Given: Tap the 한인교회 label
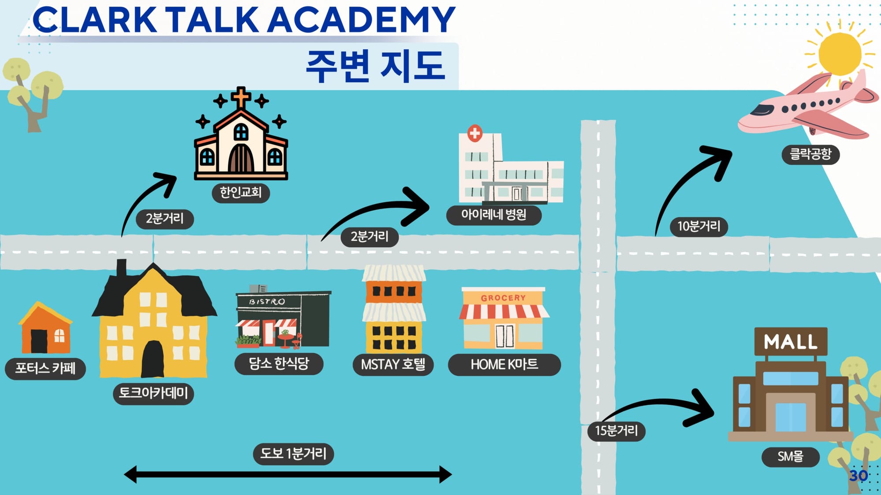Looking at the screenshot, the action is point(241,193).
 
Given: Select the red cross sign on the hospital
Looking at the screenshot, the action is point(474,133).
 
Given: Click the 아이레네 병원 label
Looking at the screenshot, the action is point(494,215).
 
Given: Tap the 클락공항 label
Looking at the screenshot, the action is point(811,154).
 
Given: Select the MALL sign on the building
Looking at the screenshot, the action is point(791,342).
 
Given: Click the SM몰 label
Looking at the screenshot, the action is point(790,457).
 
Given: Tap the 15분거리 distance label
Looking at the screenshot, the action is point(616,431).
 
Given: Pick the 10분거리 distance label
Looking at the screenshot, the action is point(699,227).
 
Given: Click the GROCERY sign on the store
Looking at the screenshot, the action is point(503,298).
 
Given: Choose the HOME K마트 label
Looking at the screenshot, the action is point(504,365).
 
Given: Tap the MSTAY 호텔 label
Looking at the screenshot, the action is point(393,365).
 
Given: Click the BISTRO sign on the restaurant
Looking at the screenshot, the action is point(267,302).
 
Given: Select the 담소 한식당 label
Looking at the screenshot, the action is point(279,364).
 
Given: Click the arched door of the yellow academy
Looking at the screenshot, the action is point(153,359).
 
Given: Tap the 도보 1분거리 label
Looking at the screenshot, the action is point(293,454).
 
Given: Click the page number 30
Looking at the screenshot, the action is point(859,476).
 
